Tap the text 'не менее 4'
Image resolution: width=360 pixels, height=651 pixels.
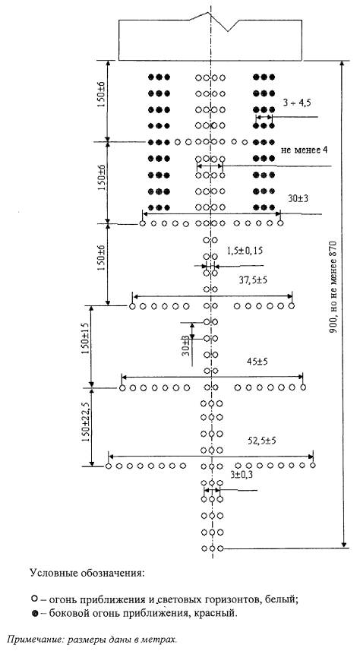(305, 150)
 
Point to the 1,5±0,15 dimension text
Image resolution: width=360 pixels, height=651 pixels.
(245, 251)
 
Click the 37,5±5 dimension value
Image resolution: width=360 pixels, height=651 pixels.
(253, 280)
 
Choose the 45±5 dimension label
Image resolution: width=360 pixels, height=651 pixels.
(257, 362)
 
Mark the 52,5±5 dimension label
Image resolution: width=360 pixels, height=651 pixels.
(262, 441)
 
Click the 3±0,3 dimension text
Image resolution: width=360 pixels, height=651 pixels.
(241, 474)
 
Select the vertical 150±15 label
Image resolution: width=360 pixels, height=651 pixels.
(86, 340)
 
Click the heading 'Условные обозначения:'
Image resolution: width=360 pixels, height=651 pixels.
(87, 574)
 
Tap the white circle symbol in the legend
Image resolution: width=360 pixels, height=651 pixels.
(35, 599)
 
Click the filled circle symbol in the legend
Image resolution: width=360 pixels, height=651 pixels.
(35, 614)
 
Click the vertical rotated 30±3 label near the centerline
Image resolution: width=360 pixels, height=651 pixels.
(186, 345)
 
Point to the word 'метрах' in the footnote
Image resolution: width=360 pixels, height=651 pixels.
(163, 639)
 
